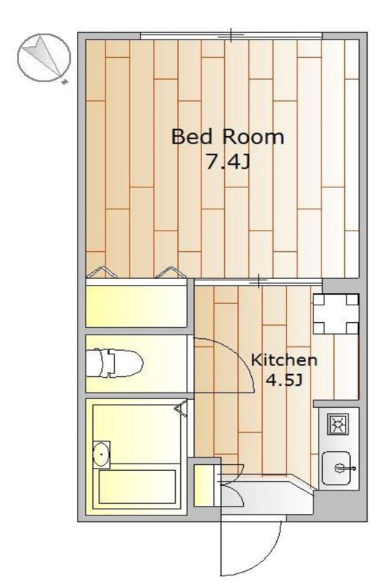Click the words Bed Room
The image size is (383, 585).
(227, 137)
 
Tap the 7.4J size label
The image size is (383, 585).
(228, 162)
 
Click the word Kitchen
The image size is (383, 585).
(284, 360)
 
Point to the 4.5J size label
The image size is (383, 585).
(283, 380)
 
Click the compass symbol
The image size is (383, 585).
(44, 58)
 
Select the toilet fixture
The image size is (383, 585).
(114, 362)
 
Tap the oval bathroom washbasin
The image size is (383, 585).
(101, 454)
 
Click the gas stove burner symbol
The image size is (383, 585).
(338, 424)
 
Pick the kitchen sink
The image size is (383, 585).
(336, 468)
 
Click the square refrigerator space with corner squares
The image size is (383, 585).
(336, 314)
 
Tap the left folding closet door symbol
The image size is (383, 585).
(101, 272)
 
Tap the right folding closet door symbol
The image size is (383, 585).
(171, 272)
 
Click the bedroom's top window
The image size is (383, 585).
(231, 36)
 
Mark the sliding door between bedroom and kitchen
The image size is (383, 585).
(259, 281)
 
